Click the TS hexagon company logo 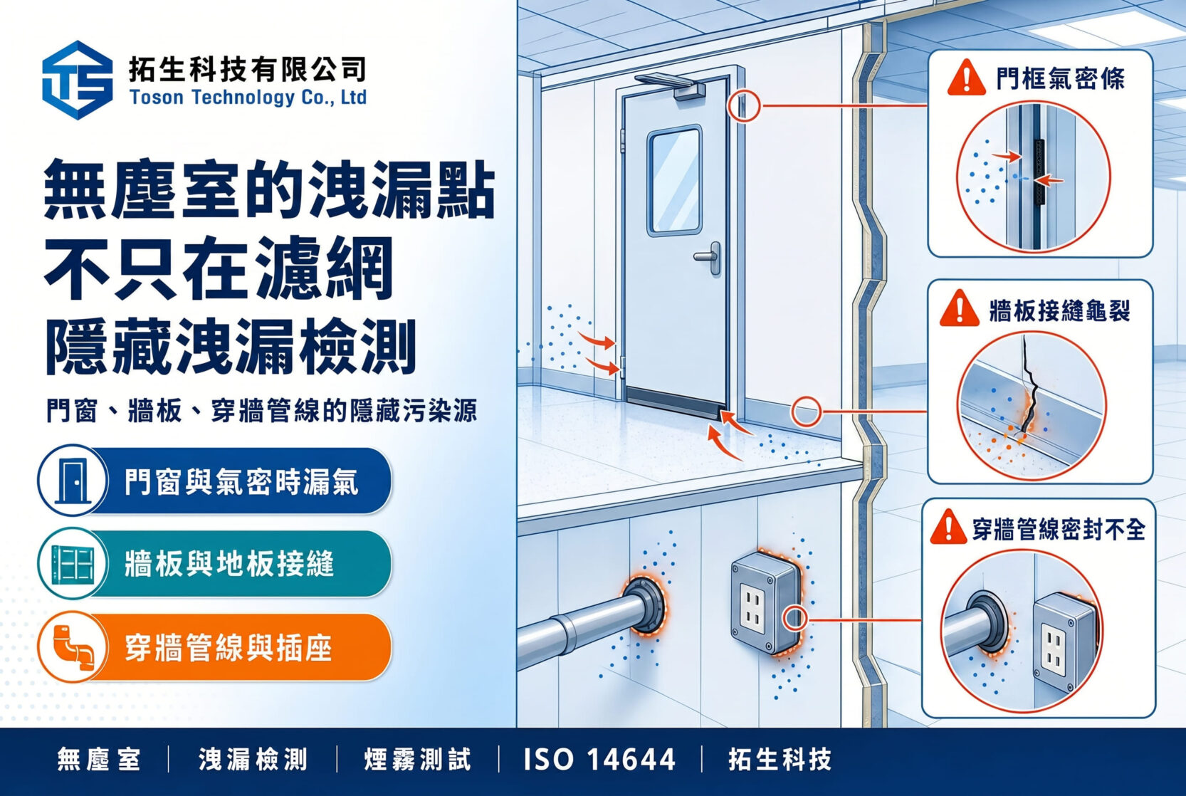(78, 80)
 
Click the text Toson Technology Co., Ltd (248, 98)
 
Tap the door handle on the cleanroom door (709, 258)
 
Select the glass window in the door (675, 181)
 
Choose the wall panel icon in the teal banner (73, 563)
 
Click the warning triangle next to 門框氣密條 (966, 78)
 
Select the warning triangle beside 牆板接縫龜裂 (960, 309)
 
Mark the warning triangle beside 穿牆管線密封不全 (948, 528)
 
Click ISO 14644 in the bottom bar (599, 760)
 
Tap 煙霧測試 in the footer (417, 760)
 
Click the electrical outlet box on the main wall (765, 602)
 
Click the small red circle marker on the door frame (743, 106)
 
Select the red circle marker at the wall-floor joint (807, 412)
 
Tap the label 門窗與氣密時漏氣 (241, 482)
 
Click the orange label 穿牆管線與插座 (229, 648)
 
